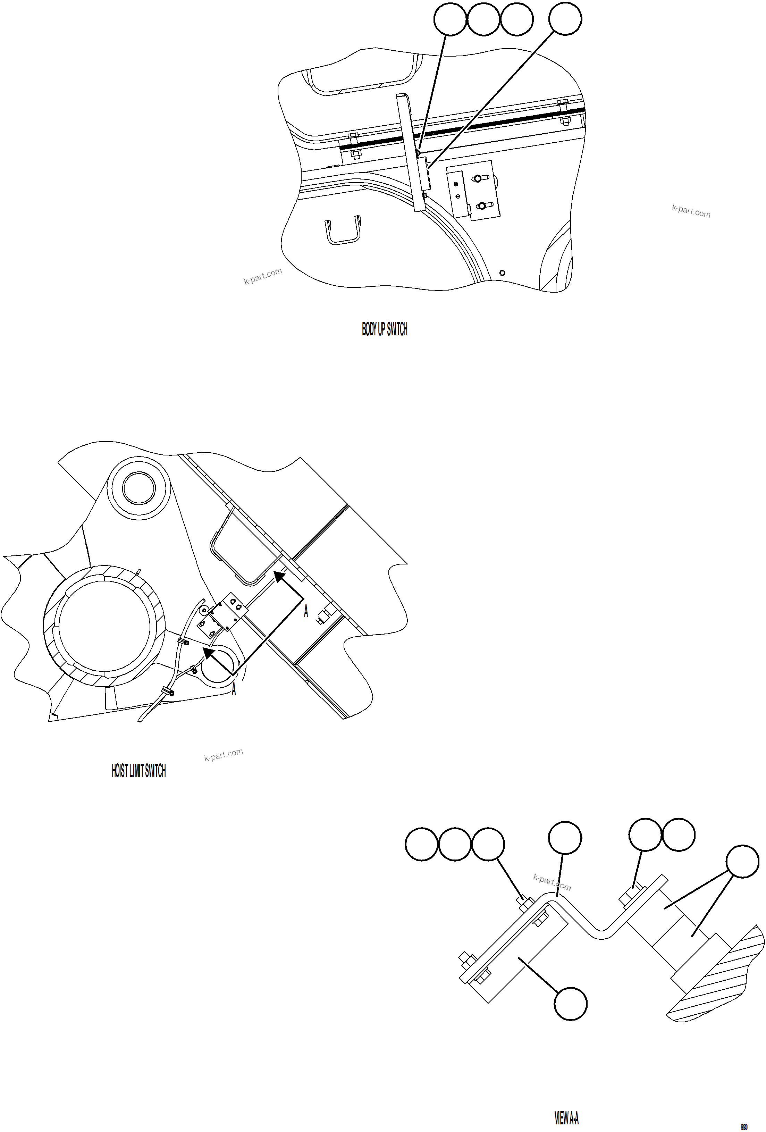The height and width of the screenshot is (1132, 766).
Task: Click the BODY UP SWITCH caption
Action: coord(384,330)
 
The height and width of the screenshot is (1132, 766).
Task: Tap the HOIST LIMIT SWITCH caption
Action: coord(139,771)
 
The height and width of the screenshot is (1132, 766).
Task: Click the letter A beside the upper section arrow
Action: coord(306,612)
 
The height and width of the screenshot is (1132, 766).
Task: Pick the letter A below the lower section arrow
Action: coord(234,690)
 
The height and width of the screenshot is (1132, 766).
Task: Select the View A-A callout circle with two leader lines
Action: coord(742,862)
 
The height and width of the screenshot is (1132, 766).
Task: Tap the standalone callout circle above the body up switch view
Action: coord(565,19)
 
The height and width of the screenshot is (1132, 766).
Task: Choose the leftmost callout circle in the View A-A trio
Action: coord(422,844)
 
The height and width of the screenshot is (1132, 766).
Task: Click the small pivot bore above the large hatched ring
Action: coord(139,488)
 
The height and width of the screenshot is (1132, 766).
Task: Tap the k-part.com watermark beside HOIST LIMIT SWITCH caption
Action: coord(224,755)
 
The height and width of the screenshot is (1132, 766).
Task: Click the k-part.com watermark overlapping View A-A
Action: coord(552,882)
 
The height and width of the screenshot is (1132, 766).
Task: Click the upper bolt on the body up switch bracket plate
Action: coord(478,179)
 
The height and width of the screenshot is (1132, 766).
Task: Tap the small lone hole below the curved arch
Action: coord(503,273)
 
